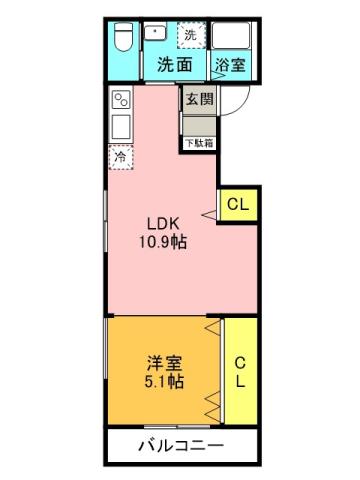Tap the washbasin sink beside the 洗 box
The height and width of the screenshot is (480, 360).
click(156, 34)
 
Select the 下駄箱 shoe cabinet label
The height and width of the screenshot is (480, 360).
click(198, 142)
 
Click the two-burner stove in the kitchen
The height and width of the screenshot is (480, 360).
click(121, 100)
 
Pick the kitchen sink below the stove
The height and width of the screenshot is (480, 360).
click(121, 128)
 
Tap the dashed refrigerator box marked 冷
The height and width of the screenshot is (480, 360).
click(121, 157)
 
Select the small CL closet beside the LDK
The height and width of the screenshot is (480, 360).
click(237, 205)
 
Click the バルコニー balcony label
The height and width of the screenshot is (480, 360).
click(181, 445)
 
